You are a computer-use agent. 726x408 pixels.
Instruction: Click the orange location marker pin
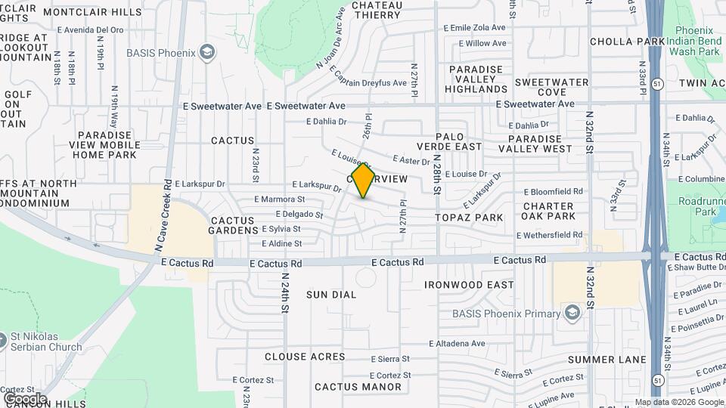click(x=364, y=181)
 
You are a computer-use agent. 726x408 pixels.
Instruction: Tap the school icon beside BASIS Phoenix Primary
click(x=572, y=313)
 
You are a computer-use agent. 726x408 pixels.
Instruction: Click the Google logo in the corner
click(x=25, y=398)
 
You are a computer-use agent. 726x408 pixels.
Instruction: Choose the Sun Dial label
click(x=330, y=295)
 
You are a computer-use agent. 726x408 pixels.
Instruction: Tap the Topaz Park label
click(x=469, y=218)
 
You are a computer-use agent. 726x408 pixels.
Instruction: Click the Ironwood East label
click(x=469, y=285)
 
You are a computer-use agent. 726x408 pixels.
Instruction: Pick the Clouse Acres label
click(x=305, y=357)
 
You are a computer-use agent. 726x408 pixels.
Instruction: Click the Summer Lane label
click(x=607, y=359)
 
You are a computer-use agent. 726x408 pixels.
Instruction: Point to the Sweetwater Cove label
click(x=551, y=87)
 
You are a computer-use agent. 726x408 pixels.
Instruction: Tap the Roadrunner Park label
click(x=697, y=207)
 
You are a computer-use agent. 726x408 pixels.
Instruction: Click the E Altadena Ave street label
click(x=457, y=343)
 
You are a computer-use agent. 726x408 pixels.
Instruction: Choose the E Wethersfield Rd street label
click(x=549, y=235)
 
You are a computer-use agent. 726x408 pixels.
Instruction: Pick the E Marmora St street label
click(x=279, y=199)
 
